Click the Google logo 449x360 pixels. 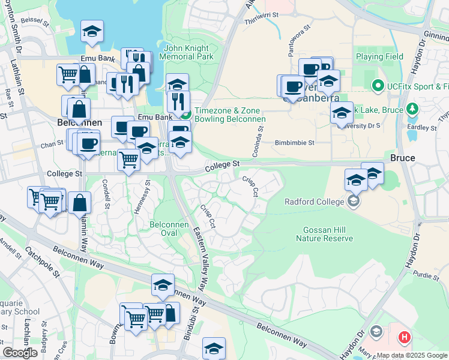20,353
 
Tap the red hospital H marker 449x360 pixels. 405,337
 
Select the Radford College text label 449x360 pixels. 315,202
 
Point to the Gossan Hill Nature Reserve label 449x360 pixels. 324,234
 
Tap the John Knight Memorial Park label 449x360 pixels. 186,52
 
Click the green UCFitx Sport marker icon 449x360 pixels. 378,86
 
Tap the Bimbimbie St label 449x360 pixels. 294,143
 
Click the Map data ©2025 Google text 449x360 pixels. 412,355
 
